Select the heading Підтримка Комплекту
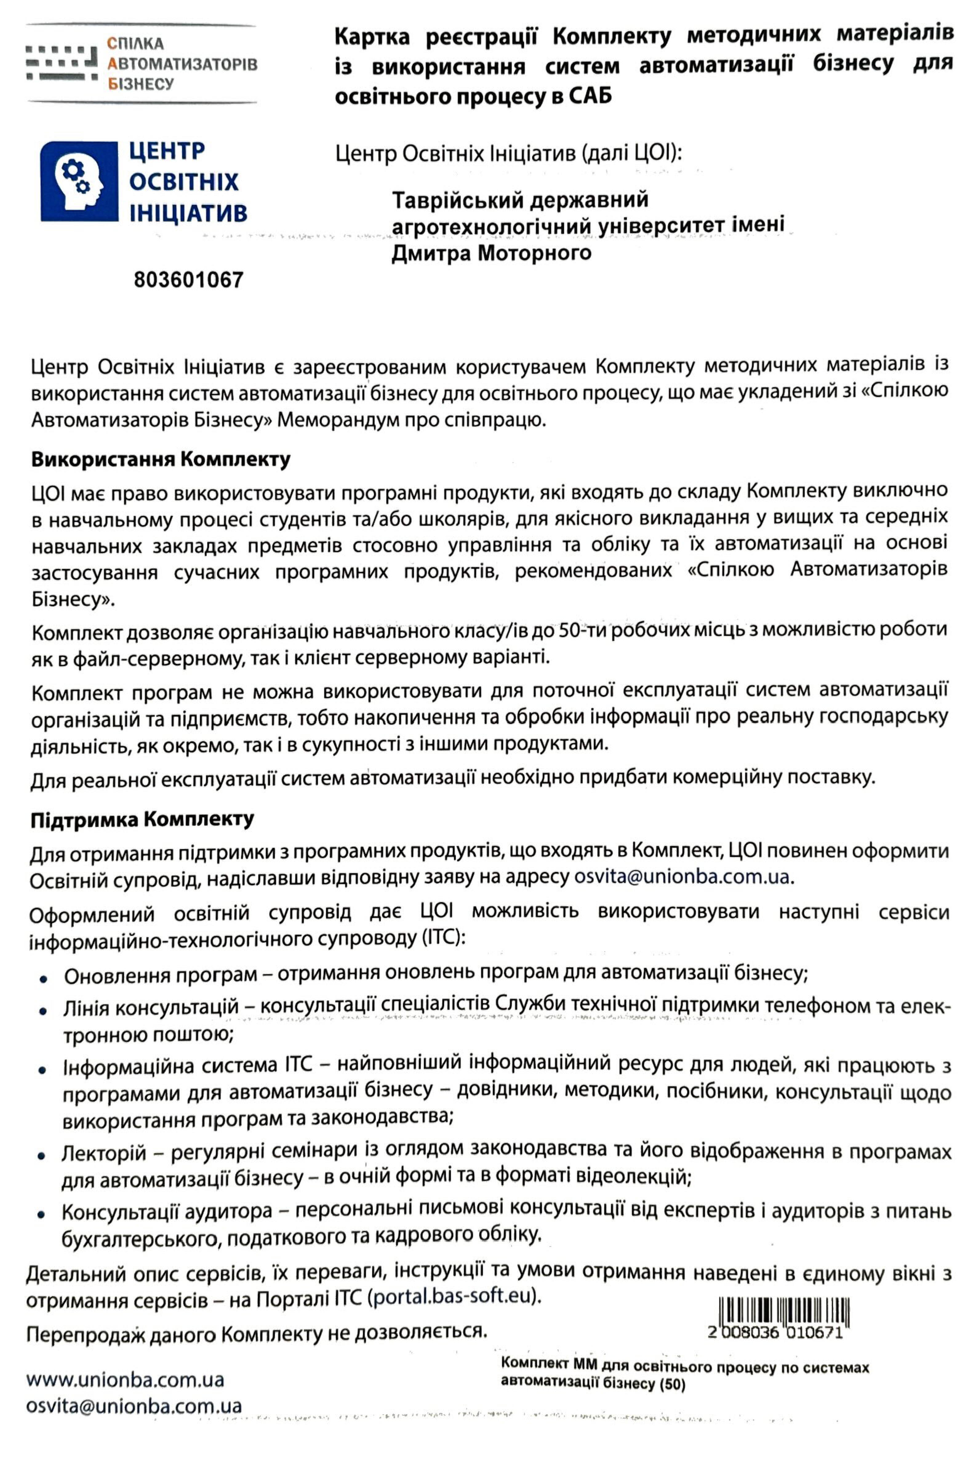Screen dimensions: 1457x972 click(x=142, y=819)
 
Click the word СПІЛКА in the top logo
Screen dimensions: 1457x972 click(x=136, y=43)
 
